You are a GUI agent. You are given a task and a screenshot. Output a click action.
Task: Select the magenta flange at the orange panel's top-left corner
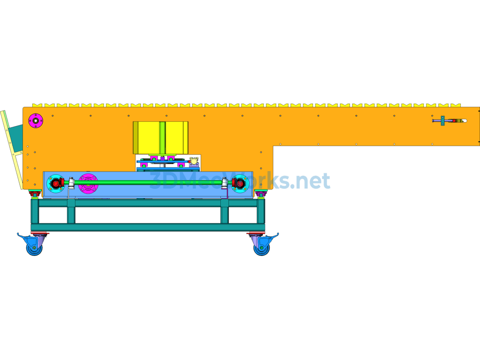[36, 120]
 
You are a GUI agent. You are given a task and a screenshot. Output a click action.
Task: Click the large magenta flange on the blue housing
[88, 184]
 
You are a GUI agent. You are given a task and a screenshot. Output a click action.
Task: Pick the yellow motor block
[160, 138]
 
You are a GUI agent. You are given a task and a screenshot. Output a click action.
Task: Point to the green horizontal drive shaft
[147, 183]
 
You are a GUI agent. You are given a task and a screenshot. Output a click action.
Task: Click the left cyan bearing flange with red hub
[56, 183]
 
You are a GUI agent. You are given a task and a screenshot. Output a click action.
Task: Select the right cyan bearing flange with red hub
[240, 183]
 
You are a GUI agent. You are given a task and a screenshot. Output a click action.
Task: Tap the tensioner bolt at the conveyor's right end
[450, 120]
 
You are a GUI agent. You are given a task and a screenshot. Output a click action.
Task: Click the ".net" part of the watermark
[310, 180]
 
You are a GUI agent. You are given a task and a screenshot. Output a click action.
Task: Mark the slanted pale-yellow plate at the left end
[11, 150]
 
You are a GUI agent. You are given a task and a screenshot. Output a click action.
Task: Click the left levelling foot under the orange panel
[35, 194]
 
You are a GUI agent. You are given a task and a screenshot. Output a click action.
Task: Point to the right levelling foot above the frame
[261, 194]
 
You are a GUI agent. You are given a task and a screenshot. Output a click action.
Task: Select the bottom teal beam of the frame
[148, 227]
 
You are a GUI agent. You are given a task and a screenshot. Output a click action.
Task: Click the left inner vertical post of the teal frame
[71, 211]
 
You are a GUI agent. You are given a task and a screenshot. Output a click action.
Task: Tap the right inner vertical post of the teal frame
[225, 211]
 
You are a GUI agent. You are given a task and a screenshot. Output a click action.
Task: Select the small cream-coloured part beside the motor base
[194, 161]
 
